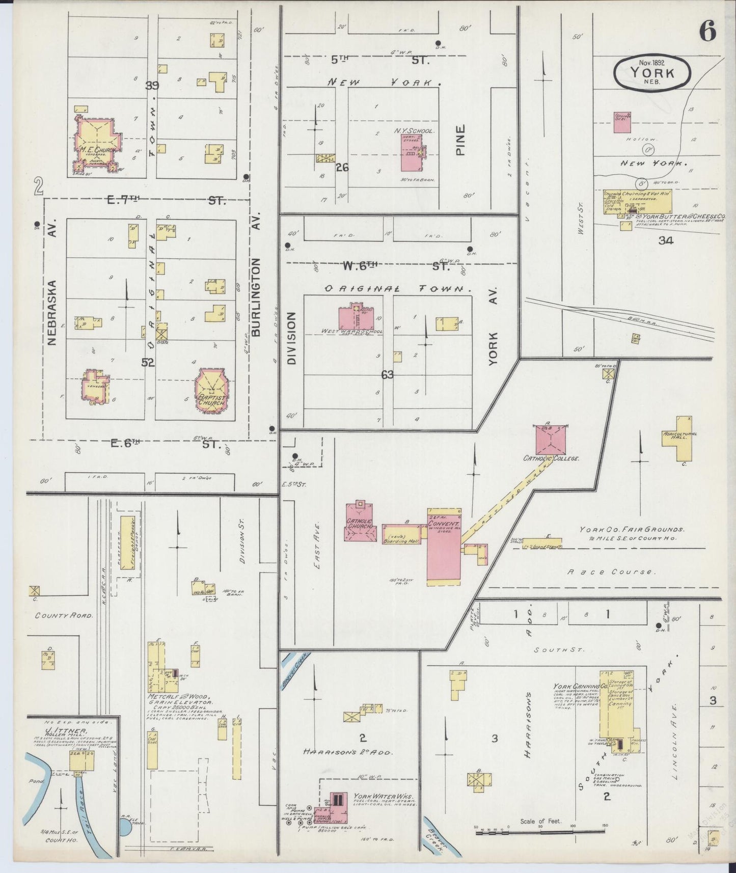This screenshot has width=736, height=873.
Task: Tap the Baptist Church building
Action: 212,390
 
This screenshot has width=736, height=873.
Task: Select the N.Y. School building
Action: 412,153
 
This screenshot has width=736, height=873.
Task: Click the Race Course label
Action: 611,572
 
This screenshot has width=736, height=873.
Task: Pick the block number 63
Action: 387,375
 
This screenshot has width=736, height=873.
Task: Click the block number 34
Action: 665,241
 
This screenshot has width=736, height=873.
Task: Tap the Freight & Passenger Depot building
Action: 127,541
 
